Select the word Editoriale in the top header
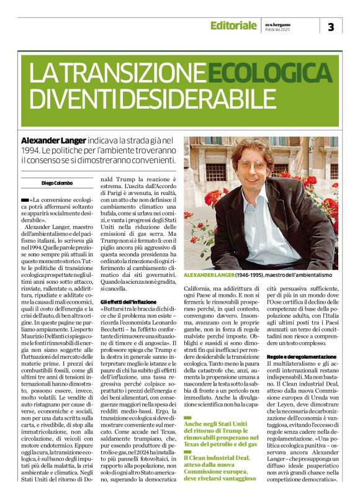tap(233, 25)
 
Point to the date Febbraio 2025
tap(277, 29)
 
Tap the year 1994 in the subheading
tap(31, 151)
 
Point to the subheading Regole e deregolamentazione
tap(301, 356)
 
